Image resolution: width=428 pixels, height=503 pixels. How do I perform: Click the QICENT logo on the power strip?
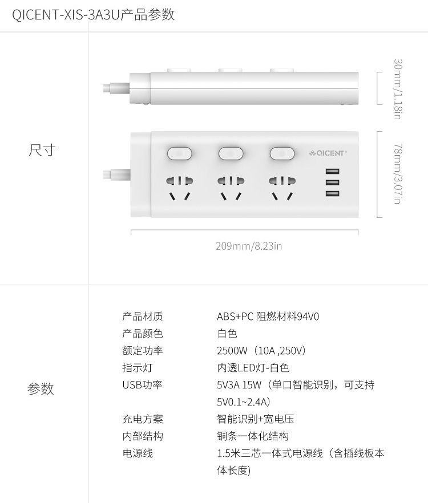[x=328, y=153]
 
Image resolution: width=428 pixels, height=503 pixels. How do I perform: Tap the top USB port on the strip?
[x=333, y=171]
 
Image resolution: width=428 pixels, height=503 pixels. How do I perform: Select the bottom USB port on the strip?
[x=333, y=193]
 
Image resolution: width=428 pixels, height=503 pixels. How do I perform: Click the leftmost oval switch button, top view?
[x=180, y=153]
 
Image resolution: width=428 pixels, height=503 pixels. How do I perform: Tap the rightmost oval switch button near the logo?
[x=282, y=153]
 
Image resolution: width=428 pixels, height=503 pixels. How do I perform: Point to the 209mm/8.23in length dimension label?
[x=249, y=246]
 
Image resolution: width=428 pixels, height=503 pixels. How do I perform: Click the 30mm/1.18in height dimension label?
[x=398, y=89]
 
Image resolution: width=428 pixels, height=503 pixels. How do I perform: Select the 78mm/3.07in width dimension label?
[x=398, y=174]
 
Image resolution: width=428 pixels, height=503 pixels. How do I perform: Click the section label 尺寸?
[x=42, y=150]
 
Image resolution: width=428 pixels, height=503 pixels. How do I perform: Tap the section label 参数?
[x=41, y=389]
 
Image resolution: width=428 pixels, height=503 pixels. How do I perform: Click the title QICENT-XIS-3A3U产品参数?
[x=93, y=15]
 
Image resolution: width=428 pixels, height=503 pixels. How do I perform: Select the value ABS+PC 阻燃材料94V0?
[x=268, y=317]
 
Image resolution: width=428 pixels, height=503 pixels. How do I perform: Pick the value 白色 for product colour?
[x=227, y=334]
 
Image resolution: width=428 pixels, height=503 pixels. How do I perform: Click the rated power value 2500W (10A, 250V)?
[x=261, y=351]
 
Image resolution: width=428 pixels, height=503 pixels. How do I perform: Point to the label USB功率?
[x=142, y=384]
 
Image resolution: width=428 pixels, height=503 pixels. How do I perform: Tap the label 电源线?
[x=138, y=453]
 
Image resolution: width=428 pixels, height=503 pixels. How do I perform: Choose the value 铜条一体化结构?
[x=253, y=436]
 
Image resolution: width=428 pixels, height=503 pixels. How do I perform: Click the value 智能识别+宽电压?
[x=256, y=419]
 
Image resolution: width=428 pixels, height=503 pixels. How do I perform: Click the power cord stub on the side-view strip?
[x=116, y=88]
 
